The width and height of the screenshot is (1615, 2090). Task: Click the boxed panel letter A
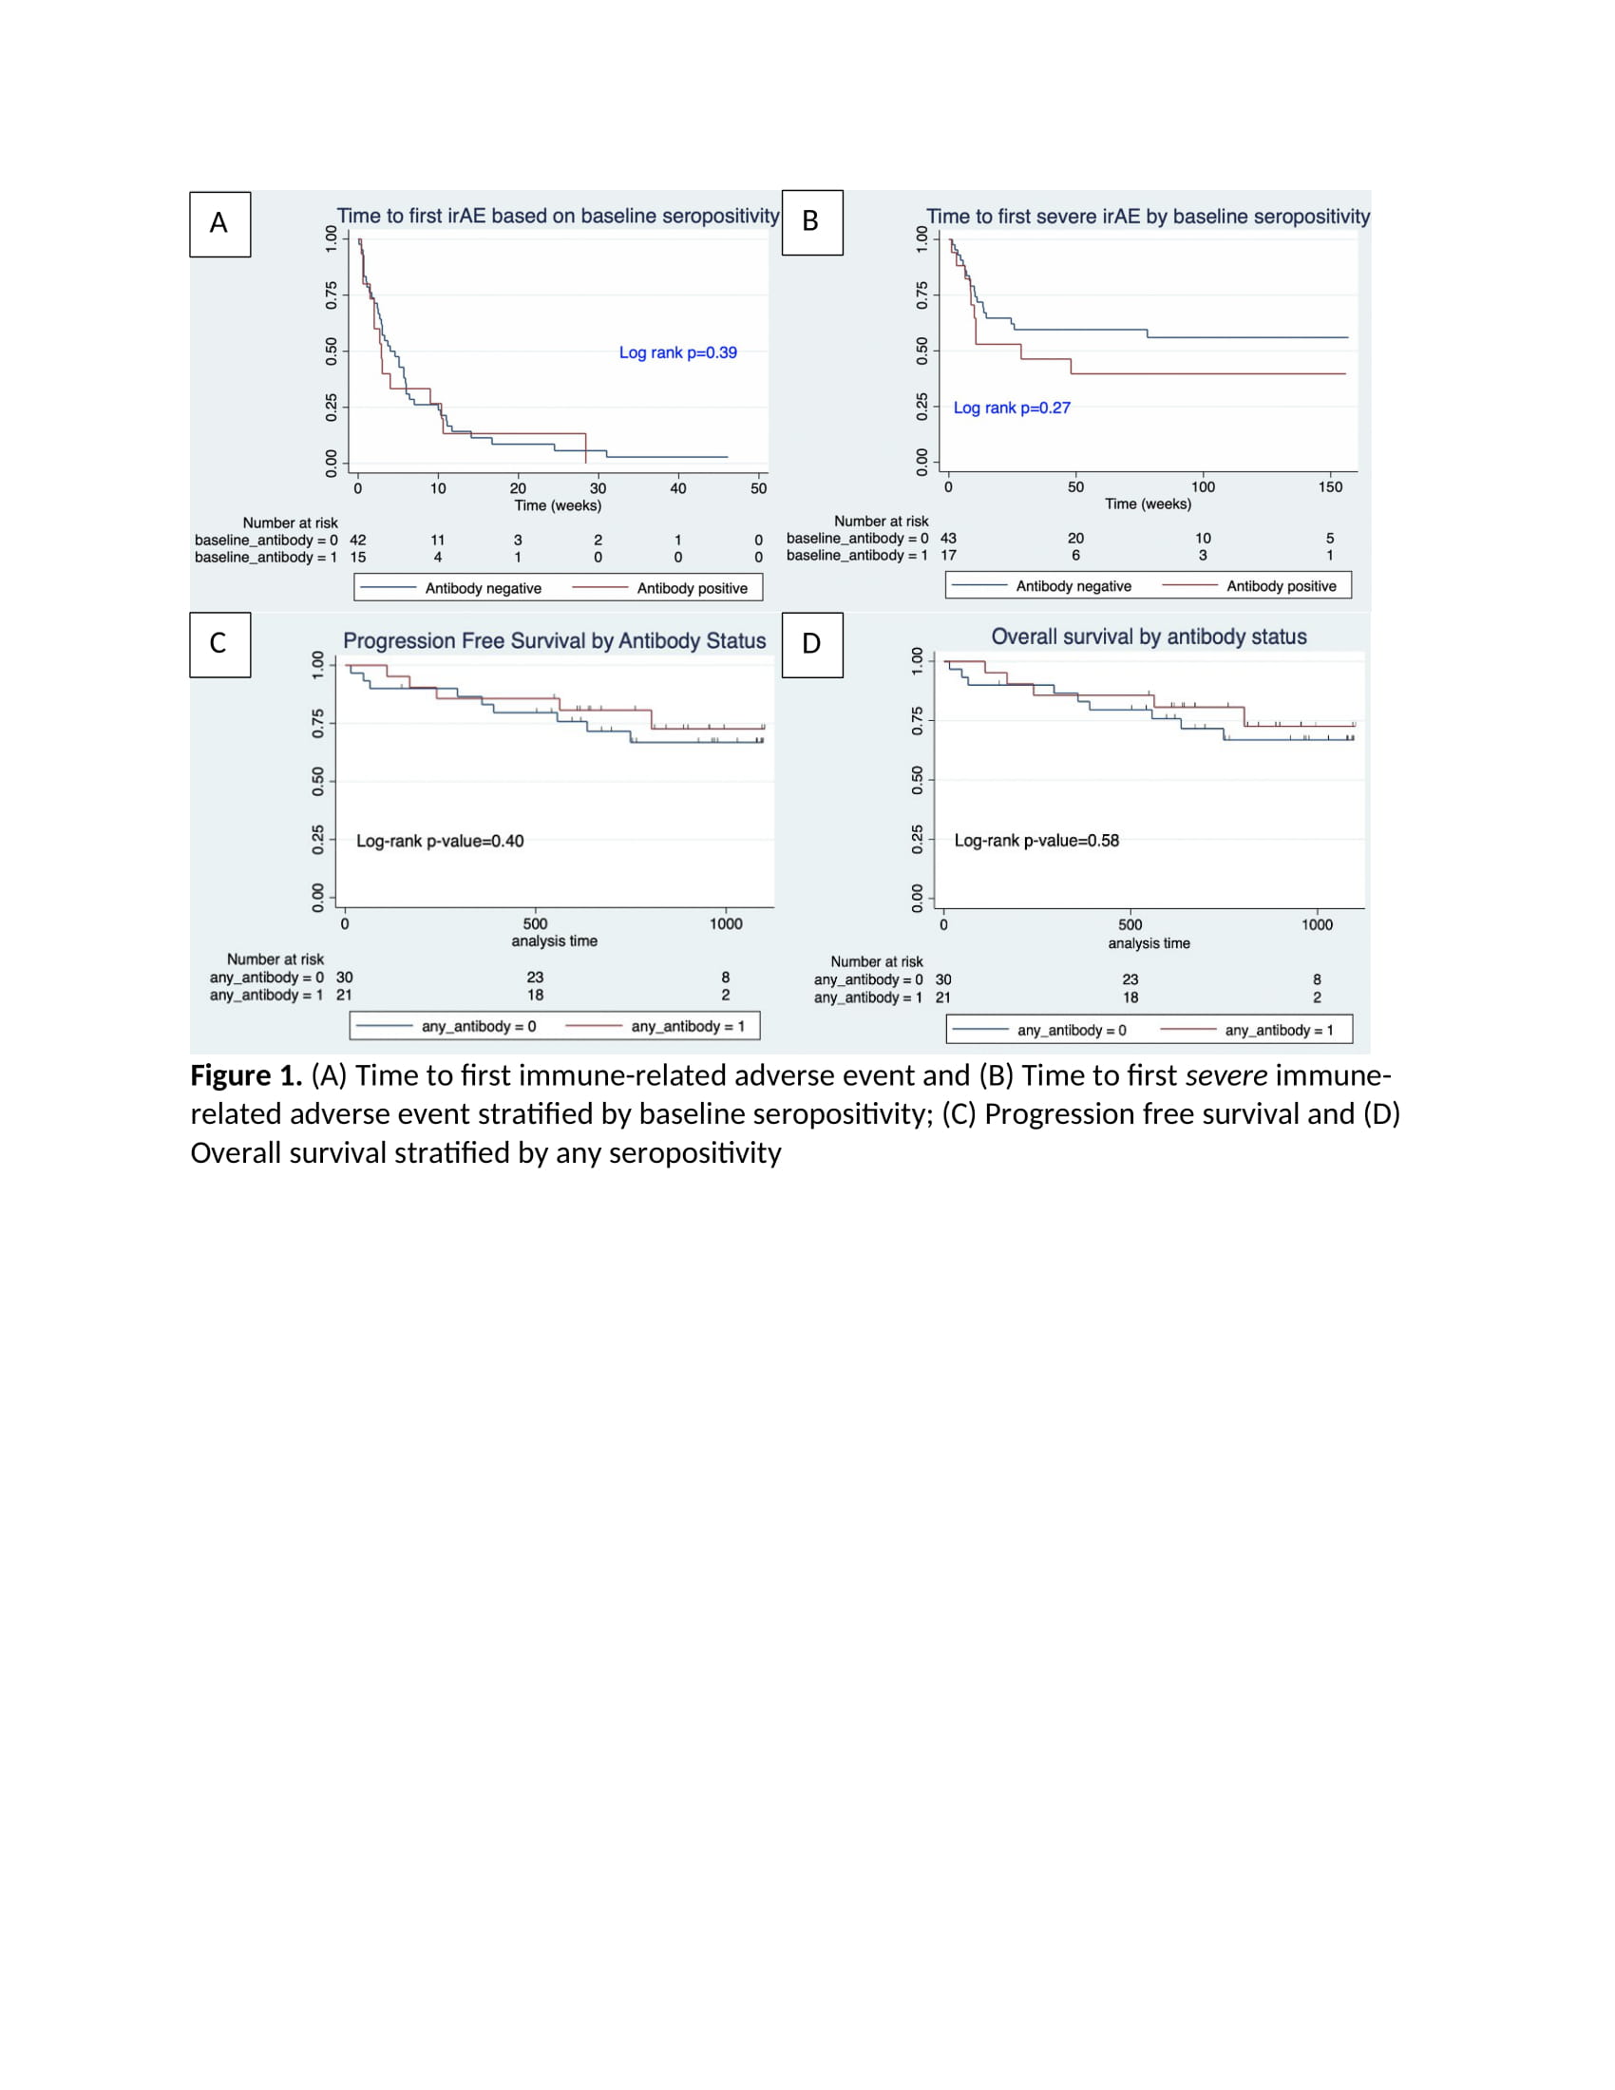[x=219, y=224]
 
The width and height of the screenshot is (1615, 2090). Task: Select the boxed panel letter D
[x=811, y=644]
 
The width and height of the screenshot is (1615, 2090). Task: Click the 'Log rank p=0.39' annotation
[x=677, y=353]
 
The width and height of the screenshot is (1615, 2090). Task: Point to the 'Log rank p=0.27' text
[x=1012, y=408]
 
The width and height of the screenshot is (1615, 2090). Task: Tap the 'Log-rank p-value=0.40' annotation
[x=439, y=841]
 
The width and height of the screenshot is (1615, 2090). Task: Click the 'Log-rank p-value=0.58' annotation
[x=1036, y=841]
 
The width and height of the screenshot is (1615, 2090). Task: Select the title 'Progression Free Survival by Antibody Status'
[x=554, y=641]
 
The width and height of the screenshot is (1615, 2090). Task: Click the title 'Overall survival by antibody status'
[x=1149, y=637]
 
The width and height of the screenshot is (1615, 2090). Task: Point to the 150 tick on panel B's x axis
[x=1330, y=487]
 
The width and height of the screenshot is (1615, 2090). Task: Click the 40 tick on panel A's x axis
[x=677, y=489]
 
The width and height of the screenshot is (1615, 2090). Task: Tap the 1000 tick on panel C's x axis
[x=725, y=924]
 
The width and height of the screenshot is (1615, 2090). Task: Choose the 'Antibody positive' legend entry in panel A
[x=692, y=589]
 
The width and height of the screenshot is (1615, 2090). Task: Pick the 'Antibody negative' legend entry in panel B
[x=1073, y=586]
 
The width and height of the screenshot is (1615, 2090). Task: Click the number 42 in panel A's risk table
[x=358, y=541]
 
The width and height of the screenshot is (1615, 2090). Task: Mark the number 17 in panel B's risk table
[x=948, y=556]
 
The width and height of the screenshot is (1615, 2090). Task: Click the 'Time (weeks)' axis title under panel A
[x=558, y=506]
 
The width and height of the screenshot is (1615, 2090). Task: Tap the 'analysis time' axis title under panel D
[x=1149, y=943]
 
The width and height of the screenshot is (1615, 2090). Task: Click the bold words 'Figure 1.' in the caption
[x=246, y=1076]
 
